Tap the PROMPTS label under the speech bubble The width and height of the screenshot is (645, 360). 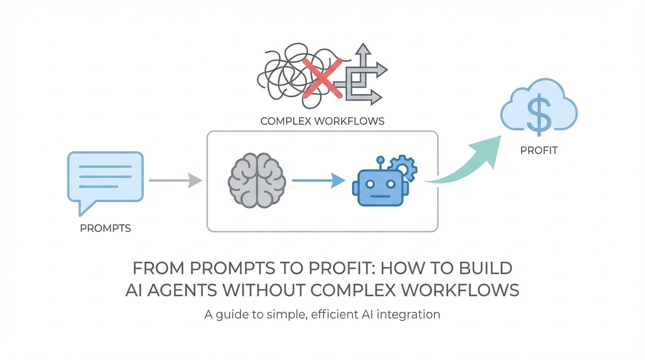[105, 228]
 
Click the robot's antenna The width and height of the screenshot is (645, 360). [381, 162]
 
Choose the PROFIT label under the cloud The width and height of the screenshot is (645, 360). [539, 150]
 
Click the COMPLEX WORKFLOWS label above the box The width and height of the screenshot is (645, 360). [322, 121]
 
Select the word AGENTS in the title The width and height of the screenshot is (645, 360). [184, 290]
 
